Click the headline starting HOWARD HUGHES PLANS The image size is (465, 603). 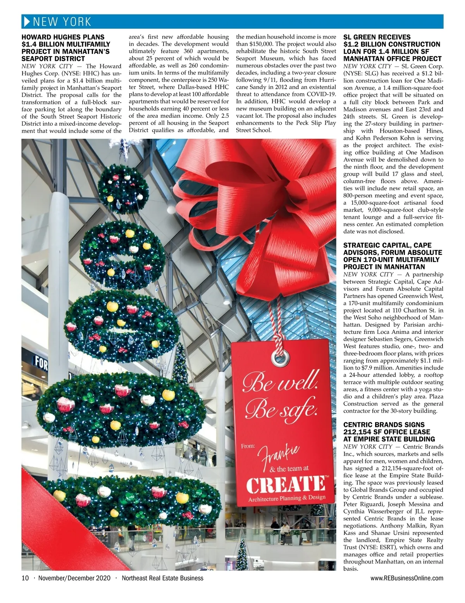tap(66, 48)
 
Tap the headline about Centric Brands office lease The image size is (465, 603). tap(389, 432)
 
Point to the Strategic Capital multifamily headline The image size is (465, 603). tap(392, 256)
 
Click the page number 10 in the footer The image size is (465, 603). tap(26, 578)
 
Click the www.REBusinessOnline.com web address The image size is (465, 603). tap(407, 578)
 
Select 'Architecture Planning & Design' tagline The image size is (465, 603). tap(287, 498)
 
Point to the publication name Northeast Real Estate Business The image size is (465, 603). tap(162, 578)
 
